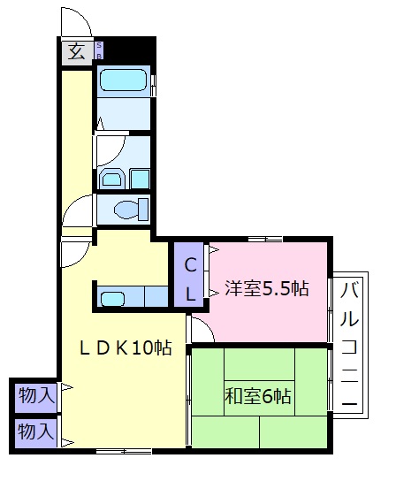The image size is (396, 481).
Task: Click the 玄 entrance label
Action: [76, 51]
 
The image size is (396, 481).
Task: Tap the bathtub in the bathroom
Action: [123, 81]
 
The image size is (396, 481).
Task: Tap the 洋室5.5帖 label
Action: [266, 288]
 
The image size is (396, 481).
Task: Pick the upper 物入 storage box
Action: [35, 395]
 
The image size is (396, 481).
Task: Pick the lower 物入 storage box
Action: [35, 432]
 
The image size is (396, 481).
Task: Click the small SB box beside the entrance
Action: [98, 50]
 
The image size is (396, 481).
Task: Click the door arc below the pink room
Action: [202, 331]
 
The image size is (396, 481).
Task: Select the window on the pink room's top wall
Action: [264, 238]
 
